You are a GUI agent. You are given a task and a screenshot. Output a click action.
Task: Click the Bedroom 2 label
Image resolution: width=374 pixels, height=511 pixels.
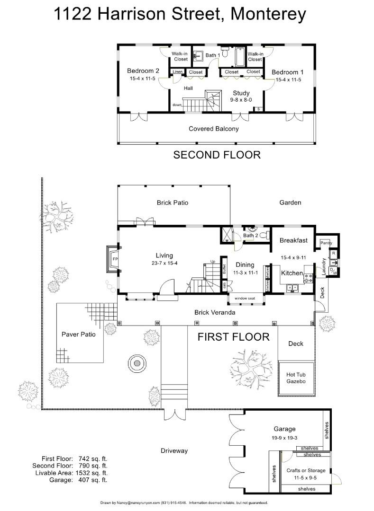pyautogui.click(x=143, y=70)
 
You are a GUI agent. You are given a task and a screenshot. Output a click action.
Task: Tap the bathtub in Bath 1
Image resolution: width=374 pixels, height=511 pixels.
pyautogui.click(x=240, y=57)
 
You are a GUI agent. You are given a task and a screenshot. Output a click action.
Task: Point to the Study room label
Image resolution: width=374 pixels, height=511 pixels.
pyautogui.click(x=241, y=93)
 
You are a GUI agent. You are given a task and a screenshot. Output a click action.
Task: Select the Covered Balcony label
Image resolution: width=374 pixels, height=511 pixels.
pyautogui.click(x=214, y=129)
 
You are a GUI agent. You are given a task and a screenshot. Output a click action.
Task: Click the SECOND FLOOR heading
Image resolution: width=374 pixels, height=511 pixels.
pyautogui.click(x=217, y=154)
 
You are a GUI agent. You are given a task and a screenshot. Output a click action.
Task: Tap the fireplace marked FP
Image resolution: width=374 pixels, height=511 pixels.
pyautogui.click(x=112, y=259)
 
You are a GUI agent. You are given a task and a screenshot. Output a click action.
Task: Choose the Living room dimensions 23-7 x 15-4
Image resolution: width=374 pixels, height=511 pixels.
pyautogui.click(x=164, y=263)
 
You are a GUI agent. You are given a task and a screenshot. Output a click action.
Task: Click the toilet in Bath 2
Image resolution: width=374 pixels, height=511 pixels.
pyautogui.click(x=265, y=235)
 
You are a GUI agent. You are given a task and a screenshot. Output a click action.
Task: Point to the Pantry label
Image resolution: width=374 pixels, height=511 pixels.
pyautogui.click(x=326, y=243)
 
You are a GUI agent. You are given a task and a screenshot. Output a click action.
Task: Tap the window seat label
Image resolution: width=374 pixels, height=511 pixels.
pyautogui.click(x=245, y=298)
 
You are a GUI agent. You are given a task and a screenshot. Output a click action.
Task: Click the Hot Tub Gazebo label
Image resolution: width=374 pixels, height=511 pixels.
pyautogui.click(x=296, y=378)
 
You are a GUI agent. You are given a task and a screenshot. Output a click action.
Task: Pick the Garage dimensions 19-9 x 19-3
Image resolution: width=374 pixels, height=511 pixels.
pyautogui.click(x=284, y=438)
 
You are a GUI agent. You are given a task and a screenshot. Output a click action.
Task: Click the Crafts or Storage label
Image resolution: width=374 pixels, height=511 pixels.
pyautogui.click(x=306, y=470)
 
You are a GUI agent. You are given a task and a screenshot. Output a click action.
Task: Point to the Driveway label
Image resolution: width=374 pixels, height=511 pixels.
pyautogui.click(x=174, y=451)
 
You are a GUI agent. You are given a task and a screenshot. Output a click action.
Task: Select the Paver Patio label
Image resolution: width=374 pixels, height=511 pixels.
pyautogui.click(x=79, y=334)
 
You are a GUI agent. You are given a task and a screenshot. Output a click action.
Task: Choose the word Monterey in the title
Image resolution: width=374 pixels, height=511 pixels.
pyautogui.click(x=268, y=14)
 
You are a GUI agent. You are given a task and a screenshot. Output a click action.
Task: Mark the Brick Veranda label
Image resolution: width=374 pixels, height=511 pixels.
pyautogui.click(x=215, y=312)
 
